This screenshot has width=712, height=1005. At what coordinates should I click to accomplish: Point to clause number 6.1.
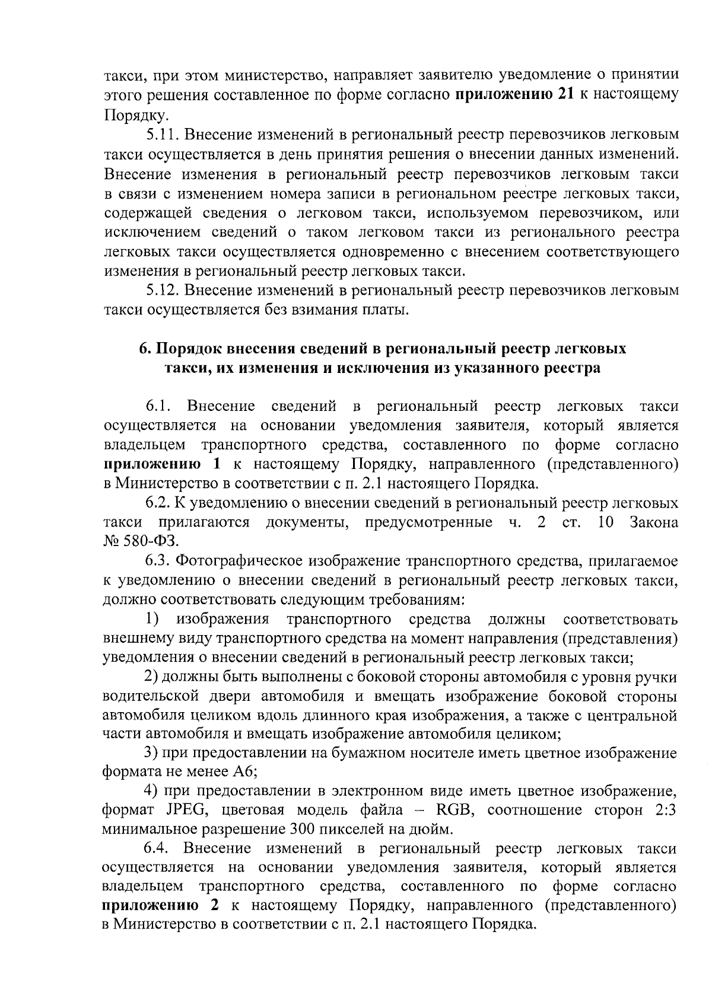pyautogui.click(x=158, y=407)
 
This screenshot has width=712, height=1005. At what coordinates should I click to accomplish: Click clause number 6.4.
pyautogui.click(x=158, y=849)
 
